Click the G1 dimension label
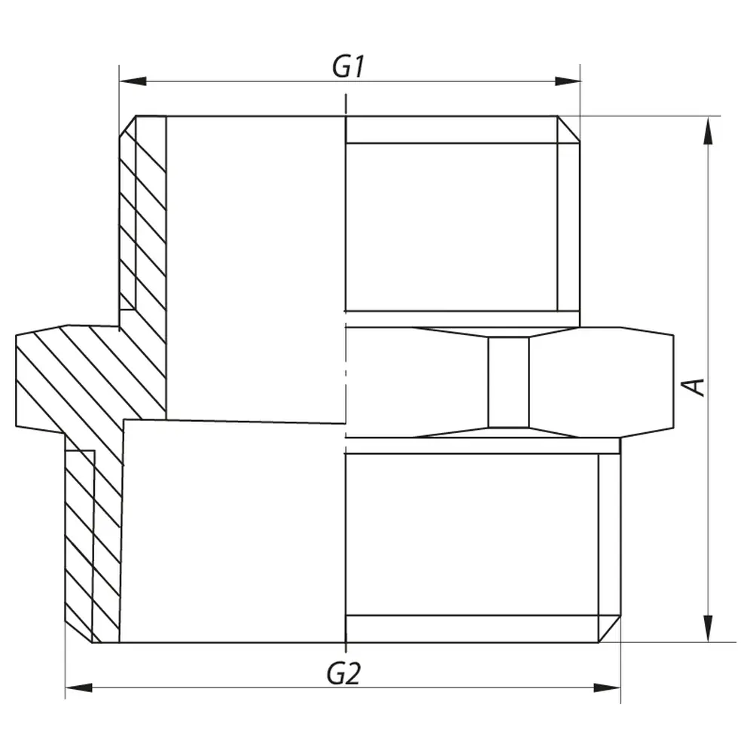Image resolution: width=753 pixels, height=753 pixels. [x=348, y=66]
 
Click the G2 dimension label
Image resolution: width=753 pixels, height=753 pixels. [x=343, y=673]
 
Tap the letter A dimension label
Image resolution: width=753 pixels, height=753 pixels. [x=694, y=386]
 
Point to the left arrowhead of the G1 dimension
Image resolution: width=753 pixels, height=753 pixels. [x=133, y=81]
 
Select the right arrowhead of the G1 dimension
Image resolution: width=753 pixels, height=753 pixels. [x=567, y=81]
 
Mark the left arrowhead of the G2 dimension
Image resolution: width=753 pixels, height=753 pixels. [x=79, y=688]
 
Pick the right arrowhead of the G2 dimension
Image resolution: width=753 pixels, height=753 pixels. [x=607, y=688]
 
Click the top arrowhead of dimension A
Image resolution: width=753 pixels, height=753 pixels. [x=707, y=130]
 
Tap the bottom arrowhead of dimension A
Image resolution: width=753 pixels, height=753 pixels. [x=707, y=628]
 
